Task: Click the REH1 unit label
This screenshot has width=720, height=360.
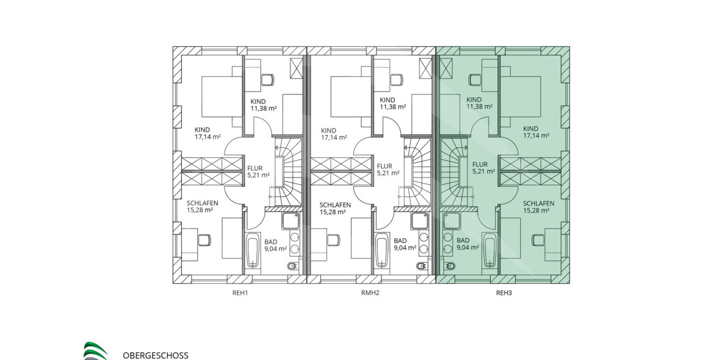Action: [241, 293]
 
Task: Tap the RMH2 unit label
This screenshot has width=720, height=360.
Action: [370, 293]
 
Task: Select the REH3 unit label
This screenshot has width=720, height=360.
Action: [503, 293]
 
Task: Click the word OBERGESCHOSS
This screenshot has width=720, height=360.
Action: [155, 355]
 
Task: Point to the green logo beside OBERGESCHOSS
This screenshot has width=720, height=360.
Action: [95, 350]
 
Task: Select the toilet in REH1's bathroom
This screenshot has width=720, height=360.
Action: [293, 266]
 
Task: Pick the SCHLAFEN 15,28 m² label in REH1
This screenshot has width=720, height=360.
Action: [202, 206]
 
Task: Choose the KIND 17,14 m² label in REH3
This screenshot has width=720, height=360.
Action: [536, 132]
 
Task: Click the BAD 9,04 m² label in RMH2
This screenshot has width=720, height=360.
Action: [406, 244]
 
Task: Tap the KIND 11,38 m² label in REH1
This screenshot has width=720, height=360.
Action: [263, 104]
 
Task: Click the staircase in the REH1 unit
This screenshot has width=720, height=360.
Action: [286, 171]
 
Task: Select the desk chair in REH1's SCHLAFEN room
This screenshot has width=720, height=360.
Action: [205, 239]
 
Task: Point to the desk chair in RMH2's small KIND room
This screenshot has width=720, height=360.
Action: [397, 78]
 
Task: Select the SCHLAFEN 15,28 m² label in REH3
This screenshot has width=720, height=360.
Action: [536, 206]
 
